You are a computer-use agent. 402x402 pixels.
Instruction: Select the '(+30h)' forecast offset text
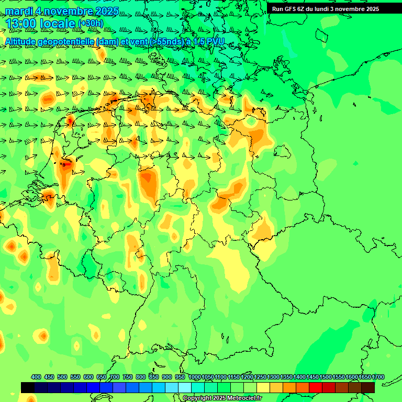[x=91, y=24]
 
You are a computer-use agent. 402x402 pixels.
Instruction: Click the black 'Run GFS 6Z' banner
[x=325, y=9]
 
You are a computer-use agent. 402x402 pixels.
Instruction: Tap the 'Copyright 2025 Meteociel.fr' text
[x=222, y=398]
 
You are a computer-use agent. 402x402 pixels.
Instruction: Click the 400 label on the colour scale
[x=36, y=377]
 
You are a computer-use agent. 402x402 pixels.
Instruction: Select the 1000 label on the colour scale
[x=195, y=377]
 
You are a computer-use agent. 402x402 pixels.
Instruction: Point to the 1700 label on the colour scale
[x=378, y=377]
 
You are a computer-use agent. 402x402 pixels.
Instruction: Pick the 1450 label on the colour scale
[x=312, y=377]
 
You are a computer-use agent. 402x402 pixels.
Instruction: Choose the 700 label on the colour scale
[x=115, y=377]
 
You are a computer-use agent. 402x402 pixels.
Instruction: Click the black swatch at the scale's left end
[x=28, y=387]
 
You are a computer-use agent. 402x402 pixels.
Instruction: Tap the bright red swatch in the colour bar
[x=315, y=387]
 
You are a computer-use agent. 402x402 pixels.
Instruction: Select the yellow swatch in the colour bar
[x=263, y=387]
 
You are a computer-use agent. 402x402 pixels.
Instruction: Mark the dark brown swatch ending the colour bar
[x=368, y=387]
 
